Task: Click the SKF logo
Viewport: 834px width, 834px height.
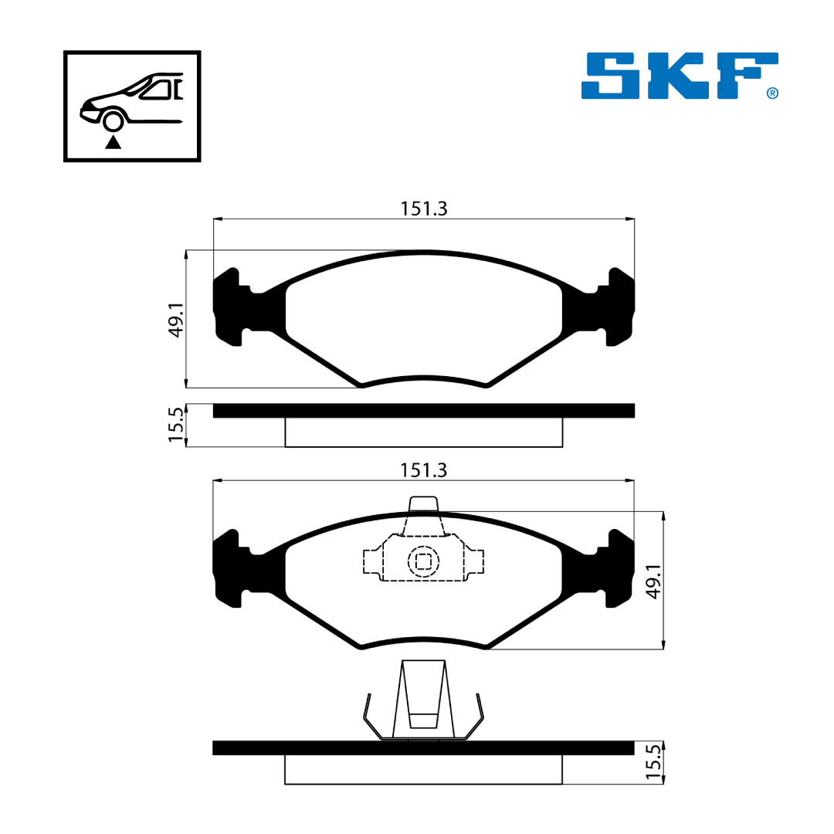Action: tap(680, 76)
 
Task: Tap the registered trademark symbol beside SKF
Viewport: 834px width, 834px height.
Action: tap(772, 93)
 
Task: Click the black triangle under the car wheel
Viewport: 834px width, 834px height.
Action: tap(113, 142)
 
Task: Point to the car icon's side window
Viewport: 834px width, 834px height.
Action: tap(157, 90)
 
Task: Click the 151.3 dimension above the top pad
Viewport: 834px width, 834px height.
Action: tap(424, 209)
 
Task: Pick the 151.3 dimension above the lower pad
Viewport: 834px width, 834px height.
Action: tap(423, 471)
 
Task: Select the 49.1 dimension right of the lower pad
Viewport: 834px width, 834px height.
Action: tap(653, 581)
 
